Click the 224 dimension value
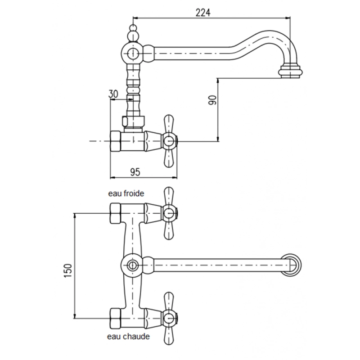point(203,13)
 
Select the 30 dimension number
point(113,94)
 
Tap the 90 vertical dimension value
point(212,100)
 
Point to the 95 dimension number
point(135,172)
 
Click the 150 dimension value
point(68,271)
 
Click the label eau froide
point(126,193)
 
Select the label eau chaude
point(128,337)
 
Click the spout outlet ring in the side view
point(290,72)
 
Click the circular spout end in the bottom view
point(291,265)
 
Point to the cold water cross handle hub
point(170,213)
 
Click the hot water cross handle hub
point(170,318)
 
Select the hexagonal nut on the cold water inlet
point(115,213)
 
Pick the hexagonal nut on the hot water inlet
point(115,319)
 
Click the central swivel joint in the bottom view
point(132,265)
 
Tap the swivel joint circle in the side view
point(132,53)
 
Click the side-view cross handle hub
point(170,141)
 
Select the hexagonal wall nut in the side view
point(116,141)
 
